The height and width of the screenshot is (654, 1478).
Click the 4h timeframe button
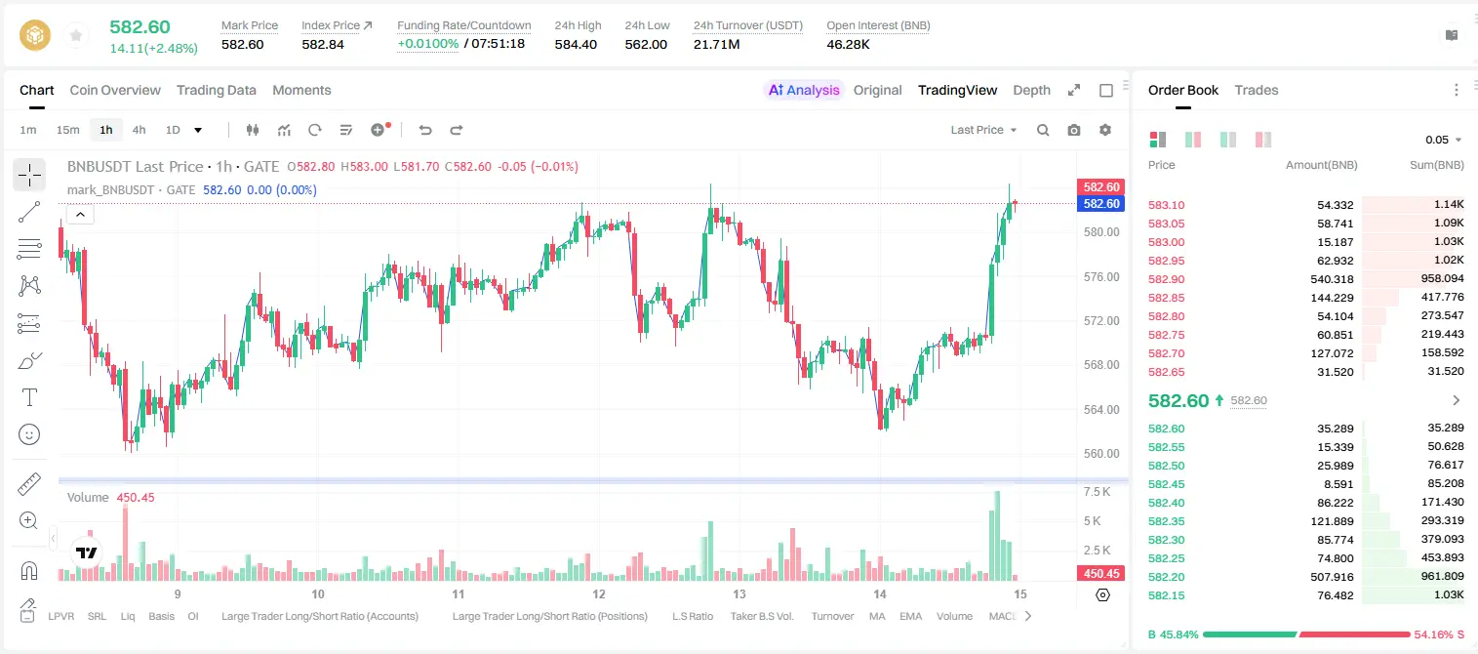click(139, 130)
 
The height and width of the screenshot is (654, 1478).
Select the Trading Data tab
click(217, 90)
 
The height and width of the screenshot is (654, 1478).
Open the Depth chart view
click(1031, 90)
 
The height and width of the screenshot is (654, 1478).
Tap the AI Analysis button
click(804, 90)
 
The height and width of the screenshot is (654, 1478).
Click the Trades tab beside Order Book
click(1257, 90)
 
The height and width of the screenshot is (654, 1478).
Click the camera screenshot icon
click(1074, 130)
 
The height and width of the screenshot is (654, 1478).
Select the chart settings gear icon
click(1105, 130)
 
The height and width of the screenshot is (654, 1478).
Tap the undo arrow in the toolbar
click(425, 130)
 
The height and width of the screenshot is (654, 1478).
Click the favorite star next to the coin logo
click(76, 35)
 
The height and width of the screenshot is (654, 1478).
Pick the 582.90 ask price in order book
click(1166, 279)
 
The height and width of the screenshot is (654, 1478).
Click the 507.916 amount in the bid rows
click(1332, 577)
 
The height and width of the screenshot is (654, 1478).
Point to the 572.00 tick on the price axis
click(1101, 321)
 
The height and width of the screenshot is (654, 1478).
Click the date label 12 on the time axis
click(598, 593)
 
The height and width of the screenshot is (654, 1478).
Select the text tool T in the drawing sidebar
click(29, 397)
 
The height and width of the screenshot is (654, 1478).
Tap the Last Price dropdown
click(983, 130)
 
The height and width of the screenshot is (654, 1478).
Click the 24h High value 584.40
click(576, 44)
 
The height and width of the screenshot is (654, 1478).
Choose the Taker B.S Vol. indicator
click(761, 616)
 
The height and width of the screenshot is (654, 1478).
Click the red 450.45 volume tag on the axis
click(1100, 574)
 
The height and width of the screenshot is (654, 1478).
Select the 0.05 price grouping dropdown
click(1443, 140)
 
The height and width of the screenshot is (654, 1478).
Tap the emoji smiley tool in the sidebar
click(29, 434)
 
